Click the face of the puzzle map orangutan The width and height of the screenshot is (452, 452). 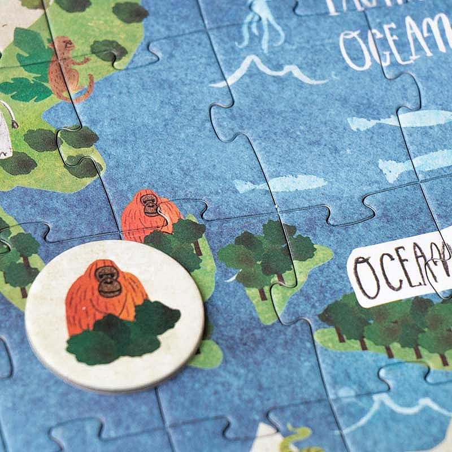point(150,203)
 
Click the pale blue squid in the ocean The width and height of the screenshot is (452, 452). point(260,23)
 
